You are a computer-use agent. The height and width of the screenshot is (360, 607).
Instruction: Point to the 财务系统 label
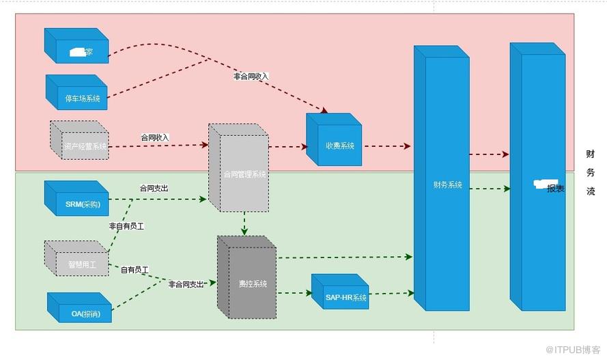point(447,184)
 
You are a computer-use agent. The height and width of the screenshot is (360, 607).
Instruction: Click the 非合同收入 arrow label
point(251,76)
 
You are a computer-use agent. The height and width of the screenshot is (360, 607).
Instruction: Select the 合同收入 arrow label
point(154,137)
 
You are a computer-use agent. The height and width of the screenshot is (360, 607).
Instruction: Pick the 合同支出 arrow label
point(153,188)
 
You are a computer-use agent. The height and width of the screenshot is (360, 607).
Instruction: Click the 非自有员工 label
point(126,225)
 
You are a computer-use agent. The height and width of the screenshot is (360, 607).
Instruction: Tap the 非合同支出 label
point(186,284)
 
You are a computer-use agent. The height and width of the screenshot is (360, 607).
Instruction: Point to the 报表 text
point(555,189)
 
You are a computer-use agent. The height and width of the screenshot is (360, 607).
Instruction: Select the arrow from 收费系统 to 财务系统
point(386,146)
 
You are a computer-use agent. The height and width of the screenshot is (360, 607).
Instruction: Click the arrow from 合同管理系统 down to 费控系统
point(244,223)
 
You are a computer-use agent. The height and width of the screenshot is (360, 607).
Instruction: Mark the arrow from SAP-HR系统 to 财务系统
point(392,294)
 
